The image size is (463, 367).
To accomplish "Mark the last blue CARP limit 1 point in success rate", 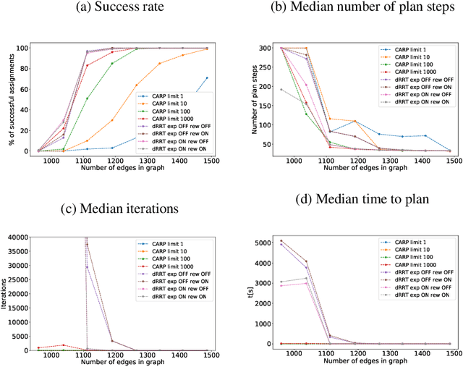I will (x=208, y=78).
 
